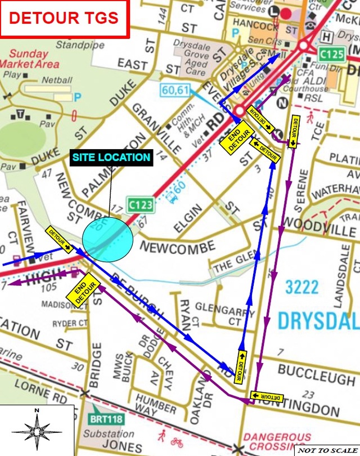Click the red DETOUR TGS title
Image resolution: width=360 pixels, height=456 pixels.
click(x=64, y=17)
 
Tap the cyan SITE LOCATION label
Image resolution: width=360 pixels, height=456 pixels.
click(x=111, y=158)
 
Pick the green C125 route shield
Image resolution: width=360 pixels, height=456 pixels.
click(x=331, y=55)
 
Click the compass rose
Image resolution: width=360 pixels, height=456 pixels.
click(x=37, y=431)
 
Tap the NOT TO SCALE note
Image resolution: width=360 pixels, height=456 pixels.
click(x=327, y=450)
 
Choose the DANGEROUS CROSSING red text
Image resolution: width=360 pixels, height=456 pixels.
click(x=277, y=441)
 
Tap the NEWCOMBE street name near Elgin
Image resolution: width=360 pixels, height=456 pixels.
click(x=177, y=247)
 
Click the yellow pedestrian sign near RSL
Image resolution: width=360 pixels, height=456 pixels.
click(x=310, y=118)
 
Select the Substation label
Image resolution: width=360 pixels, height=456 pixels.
click(x=109, y=434)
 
